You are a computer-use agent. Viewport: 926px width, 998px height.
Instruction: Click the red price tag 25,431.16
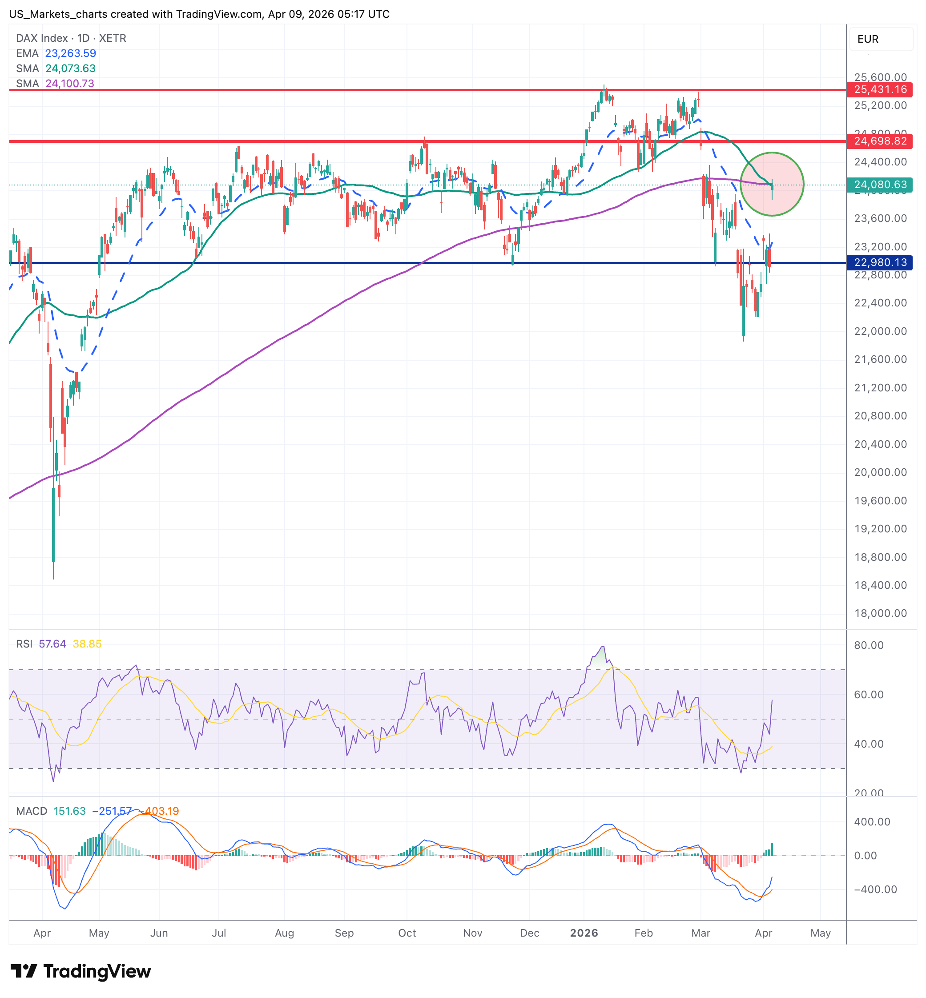tap(879, 90)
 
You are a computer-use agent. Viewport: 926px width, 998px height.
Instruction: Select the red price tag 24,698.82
tap(879, 141)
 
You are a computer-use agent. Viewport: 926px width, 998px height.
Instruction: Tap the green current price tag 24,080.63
tap(879, 185)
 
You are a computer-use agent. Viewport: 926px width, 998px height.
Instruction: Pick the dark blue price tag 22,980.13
tap(879, 262)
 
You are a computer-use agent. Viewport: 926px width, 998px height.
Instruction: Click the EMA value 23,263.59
tap(71, 53)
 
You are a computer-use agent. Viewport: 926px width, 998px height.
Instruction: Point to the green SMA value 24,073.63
tap(71, 68)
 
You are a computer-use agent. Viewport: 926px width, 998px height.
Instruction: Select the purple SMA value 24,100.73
tap(70, 83)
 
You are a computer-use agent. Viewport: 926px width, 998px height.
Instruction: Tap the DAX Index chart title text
tap(71, 38)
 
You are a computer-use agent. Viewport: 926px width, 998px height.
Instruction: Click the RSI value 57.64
tap(52, 644)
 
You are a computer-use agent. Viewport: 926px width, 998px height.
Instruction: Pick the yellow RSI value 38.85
tap(87, 644)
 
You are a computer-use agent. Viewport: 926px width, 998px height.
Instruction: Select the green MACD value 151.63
tap(70, 811)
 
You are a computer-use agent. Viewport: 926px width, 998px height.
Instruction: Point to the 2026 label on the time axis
tap(584, 933)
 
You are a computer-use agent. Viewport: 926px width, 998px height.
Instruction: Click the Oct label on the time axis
tap(407, 933)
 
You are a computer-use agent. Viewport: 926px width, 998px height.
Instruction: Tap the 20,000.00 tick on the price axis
tap(880, 472)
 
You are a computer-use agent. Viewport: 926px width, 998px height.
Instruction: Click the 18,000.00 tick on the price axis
tap(880, 613)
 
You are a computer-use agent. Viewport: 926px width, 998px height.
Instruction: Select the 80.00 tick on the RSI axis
tap(868, 645)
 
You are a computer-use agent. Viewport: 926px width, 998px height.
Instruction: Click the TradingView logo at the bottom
tap(81, 971)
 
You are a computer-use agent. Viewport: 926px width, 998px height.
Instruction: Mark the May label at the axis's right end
tap(820, 933)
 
